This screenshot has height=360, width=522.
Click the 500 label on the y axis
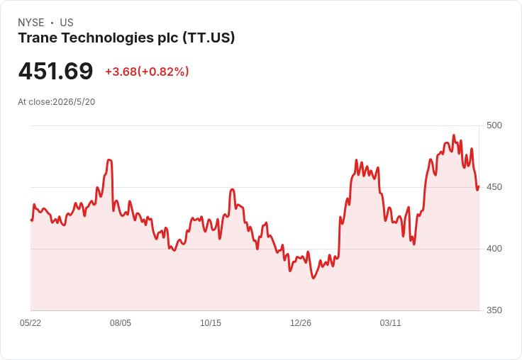click(x=494, y=125)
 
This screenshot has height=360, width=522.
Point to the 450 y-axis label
click(x=494, y=187)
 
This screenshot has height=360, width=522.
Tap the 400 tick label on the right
click(x=494, y=249)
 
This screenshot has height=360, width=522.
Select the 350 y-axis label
click(x=494, y=310)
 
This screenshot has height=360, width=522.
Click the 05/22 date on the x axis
click(x=30, y=322)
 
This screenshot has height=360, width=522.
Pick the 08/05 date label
click(x=121, y=322)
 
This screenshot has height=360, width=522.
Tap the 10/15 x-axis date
click(x=211, y=322)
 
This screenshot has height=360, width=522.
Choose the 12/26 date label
click(x=301, y=322)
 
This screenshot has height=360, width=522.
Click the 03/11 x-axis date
click(x=391, y=322)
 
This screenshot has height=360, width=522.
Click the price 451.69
click(x=55, y=71)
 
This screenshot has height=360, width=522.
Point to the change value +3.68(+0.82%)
click(x=147, y=72)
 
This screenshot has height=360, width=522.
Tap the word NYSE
click(x=31, y=23)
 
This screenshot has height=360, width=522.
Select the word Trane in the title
click(x=38, y=38)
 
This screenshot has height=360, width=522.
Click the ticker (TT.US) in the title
click(x=209, y=38)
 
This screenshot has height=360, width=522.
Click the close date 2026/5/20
click(x=74, y=102)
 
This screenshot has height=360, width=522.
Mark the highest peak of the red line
click(x=453, y=135)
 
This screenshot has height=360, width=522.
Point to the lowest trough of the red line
click(x=313, y=278)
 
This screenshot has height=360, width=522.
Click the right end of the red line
click(x=479, y=186)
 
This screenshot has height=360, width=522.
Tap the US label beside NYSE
click(x=67, y=23)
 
